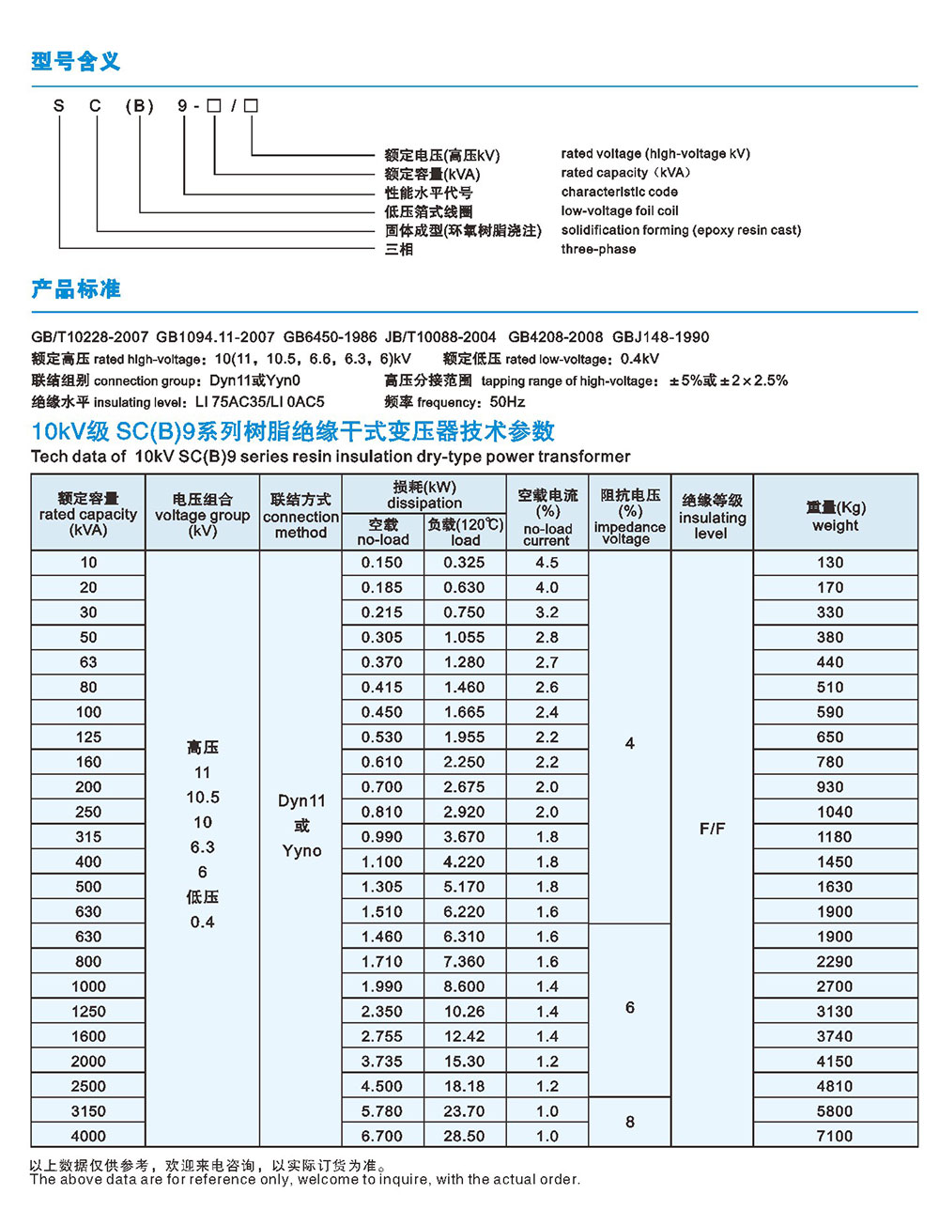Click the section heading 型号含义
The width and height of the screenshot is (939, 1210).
[x=76, y=62]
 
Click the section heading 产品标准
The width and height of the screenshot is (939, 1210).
[x=76, y=289]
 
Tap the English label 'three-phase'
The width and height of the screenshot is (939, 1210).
[x=598, y=249]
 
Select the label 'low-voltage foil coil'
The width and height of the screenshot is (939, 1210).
[x=620, y=211]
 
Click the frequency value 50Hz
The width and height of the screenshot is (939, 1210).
[x=508, y=402]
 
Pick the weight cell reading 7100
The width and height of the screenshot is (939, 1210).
[x=835, y=1136]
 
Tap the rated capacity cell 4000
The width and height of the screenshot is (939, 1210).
[x=88, y=1136]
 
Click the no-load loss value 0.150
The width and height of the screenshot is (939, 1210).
[x=382, y=563]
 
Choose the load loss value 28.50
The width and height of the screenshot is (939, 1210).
[x=464, y=1136]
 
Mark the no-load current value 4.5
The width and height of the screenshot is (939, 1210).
[x=546, y=563]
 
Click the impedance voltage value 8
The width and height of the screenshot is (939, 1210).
[x=630, y=1122]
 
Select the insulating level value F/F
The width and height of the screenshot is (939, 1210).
[x=712, y=829]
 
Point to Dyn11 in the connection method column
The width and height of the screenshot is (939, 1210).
[x=301, y=801]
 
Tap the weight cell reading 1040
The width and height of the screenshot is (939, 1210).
[x=835, y=812]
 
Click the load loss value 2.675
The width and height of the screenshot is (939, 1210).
[x=464, y=787]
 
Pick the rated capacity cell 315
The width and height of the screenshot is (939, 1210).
[x=88, y=837]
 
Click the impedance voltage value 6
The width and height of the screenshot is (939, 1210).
[x=630, y=1007]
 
